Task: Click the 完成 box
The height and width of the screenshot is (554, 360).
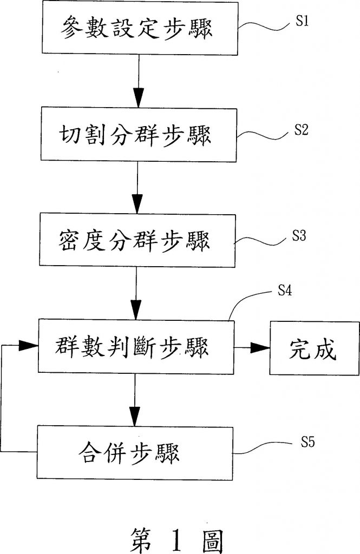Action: click(313, 348)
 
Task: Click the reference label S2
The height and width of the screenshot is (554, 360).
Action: click(302, 130)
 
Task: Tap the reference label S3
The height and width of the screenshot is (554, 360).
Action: click(300, 236)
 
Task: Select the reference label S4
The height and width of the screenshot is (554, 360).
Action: click(285, 291)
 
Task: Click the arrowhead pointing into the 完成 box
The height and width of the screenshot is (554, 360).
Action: click(262, 348)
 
